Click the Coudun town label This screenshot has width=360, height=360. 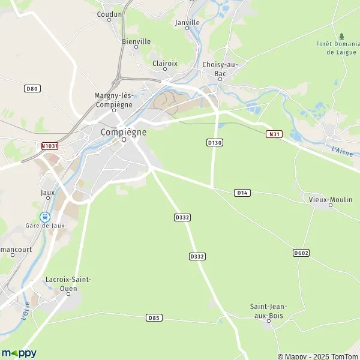click(x=109, y=14)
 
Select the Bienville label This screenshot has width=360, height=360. click(x=136, y=41)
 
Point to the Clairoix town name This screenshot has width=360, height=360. click(x=165, y=62)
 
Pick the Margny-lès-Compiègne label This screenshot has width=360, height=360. click(x=113, y=100)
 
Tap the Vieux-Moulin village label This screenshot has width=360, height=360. click(x=331, y=199)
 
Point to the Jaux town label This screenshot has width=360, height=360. click(x=47, y=193)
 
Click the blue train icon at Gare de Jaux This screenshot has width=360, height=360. click(x=44, y=216)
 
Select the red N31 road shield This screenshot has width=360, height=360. click(x=274, y=134)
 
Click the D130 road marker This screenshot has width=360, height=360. click(x=214, y=142)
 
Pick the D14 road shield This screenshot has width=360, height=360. click(x=242, y=192)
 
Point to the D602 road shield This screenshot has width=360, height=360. click(x=301, y=253)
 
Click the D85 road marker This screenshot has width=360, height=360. click(x=154, y=317)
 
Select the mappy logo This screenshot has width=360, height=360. click(x=19, y=353)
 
